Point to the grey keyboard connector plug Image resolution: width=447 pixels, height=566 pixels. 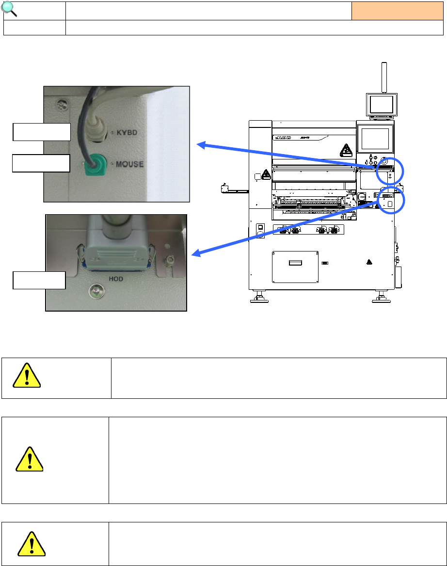97,130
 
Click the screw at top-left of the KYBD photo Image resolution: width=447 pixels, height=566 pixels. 61,103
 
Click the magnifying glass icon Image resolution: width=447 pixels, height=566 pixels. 10,9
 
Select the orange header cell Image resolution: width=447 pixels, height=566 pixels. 397,10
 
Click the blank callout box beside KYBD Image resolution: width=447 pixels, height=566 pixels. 42,132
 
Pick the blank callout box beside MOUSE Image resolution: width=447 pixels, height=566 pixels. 42,163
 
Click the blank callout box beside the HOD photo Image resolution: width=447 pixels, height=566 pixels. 39,280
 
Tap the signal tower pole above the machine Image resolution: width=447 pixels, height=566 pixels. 384,78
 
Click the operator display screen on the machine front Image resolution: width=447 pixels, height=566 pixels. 376,137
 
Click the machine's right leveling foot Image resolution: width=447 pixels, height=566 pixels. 379,296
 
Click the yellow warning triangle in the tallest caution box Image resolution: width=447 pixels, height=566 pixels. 30,458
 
